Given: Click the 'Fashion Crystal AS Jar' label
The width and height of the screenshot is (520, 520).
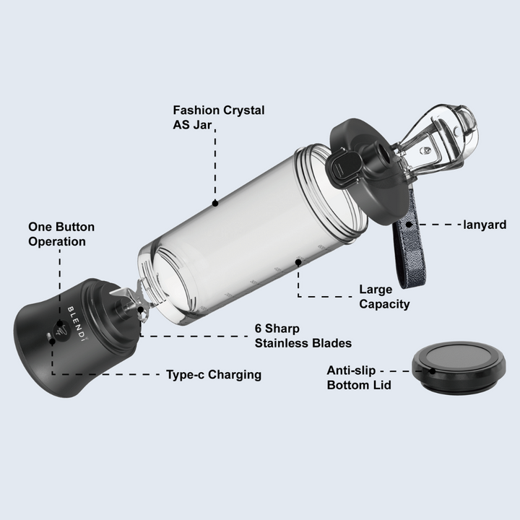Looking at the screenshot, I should (218, 117).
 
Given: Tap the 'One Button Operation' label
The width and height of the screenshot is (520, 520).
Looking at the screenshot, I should (61, 234).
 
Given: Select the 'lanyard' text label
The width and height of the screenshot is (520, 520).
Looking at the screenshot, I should (485, 225).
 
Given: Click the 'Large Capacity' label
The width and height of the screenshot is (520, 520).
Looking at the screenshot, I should (384, 297).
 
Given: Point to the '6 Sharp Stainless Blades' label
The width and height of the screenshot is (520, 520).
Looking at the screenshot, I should (303, 335).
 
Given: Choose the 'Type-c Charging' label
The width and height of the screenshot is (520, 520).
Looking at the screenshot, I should (214, 375).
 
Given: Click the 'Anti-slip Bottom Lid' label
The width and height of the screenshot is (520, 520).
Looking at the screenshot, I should (359, 378).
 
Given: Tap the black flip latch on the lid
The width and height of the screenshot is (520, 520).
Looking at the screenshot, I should (343, 168).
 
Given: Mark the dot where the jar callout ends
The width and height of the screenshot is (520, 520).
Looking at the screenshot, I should (215, 204).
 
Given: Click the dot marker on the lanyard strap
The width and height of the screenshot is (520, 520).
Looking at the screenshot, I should (409, 225).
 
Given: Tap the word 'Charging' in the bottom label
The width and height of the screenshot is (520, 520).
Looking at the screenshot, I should (236, 375).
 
